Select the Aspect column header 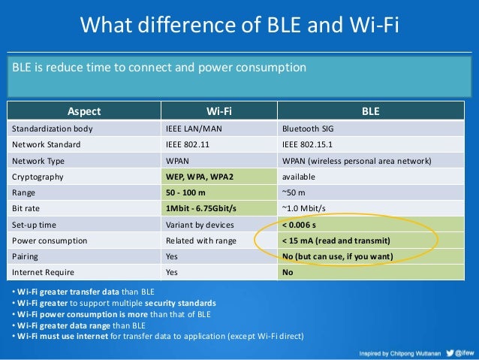(x=84, y=112)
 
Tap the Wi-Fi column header (x=218, y=112)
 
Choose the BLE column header (x=370, y=112)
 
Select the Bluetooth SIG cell (x=309, y=129)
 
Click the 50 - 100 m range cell (x=188, y=192)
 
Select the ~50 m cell (x=294, y=192)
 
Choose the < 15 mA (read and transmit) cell (x=336, y=241)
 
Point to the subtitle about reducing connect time (x=159, y=68)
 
